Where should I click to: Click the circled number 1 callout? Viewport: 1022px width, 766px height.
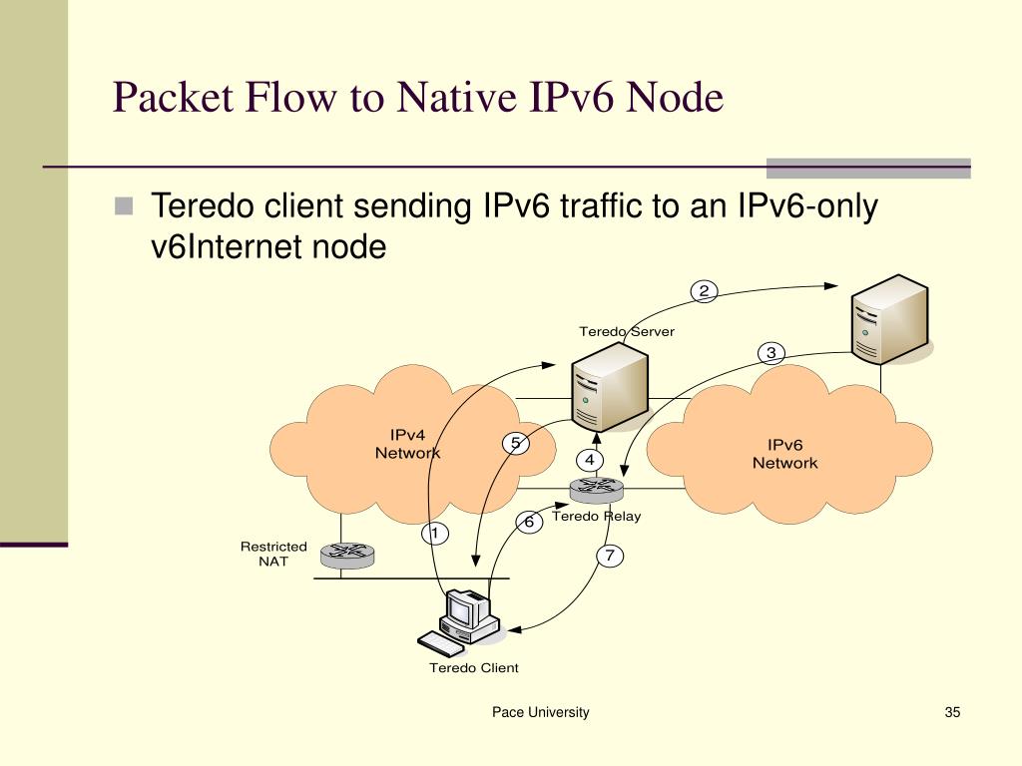click(434, 534)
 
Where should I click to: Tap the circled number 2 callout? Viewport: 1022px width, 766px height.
click(704, 291)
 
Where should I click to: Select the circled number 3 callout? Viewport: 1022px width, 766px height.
click(770, 353)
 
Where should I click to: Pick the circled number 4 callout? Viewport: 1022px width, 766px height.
click(590, 460)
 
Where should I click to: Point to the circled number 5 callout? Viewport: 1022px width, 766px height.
click(515, 445)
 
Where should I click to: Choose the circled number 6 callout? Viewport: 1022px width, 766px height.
click(529, 522)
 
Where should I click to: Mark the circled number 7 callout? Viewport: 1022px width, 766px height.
click(610, 556)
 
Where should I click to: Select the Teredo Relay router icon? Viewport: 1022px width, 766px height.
click(596, 489)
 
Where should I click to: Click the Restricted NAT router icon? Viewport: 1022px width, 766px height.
click(348, 554)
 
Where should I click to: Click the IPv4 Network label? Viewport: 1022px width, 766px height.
click(407, 444)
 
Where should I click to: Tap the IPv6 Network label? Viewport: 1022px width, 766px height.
click(784, 454)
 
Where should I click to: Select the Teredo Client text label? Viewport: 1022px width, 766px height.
click(474, 667)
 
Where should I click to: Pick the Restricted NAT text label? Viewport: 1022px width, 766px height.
click(273, 554)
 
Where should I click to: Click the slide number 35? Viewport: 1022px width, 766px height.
click(951, 712)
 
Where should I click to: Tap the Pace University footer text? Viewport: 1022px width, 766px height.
click(540, 712)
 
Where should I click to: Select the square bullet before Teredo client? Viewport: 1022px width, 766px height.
click(123, 206)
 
